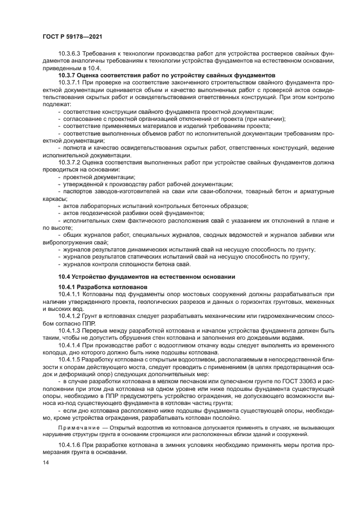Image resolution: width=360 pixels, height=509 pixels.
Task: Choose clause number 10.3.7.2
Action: pyautogui.click(x=71, y=163)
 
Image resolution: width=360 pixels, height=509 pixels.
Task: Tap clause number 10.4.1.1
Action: pyautogui.click(x=71, y=294)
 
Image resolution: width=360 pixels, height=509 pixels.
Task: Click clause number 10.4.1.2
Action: pyautogui.click(x=71, y=316)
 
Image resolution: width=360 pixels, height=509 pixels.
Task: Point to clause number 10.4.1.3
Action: pyautogui.click(x=71, y=330)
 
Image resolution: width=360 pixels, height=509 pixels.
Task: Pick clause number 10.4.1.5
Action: pyautogui.click(x=71, y=359)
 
